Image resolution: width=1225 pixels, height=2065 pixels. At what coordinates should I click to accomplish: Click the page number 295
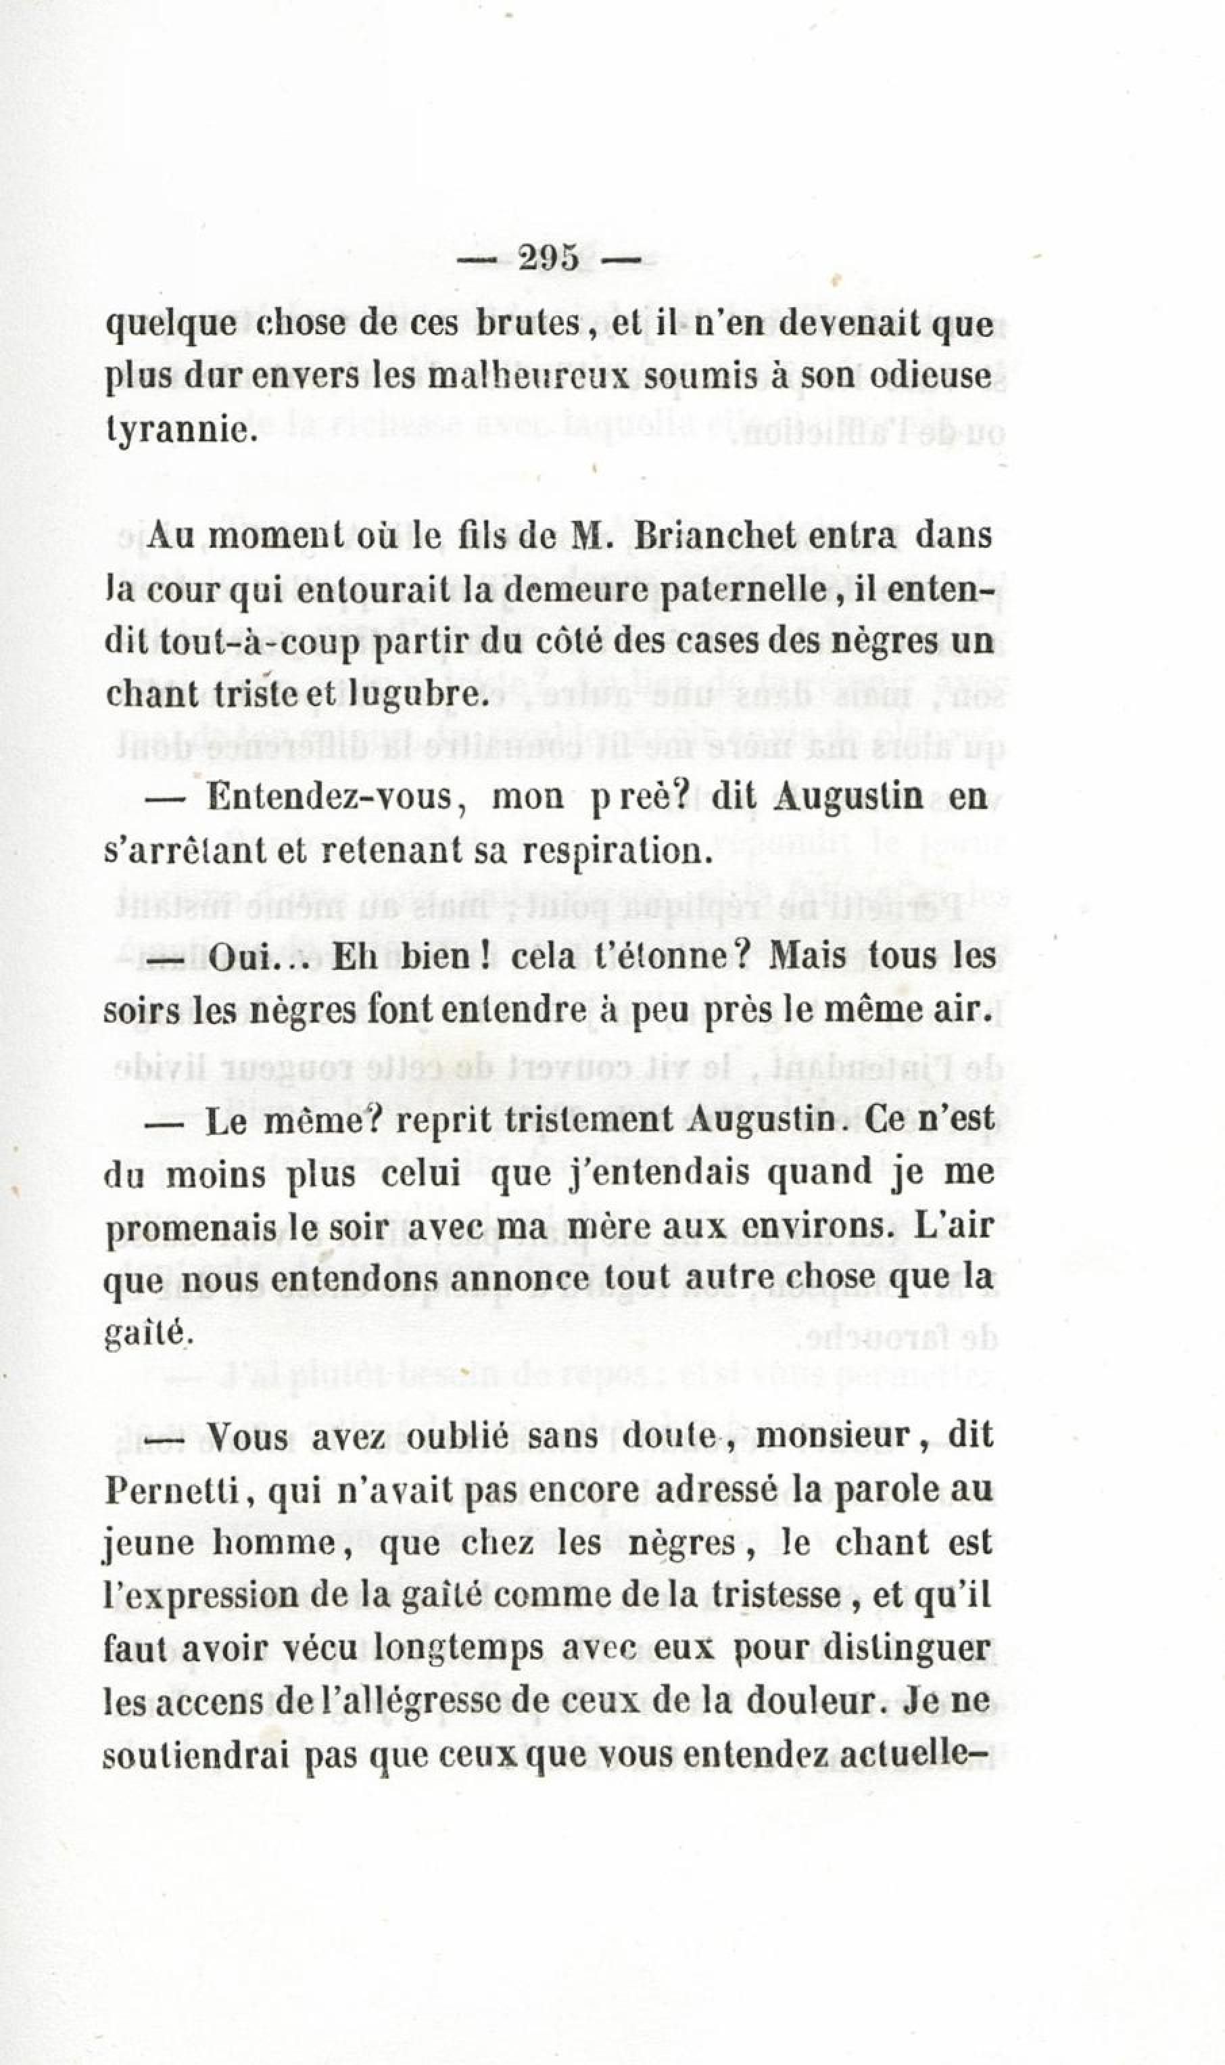[549, 258]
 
